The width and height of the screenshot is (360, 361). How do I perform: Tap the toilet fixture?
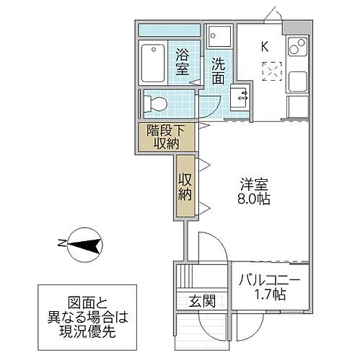coord(154,104)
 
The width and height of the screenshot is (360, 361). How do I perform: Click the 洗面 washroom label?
coord(219,70)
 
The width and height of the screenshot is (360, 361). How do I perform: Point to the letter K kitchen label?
coord(265,47)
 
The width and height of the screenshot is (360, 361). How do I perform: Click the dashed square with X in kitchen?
coord(273,71)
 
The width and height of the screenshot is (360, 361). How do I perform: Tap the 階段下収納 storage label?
coord(166,136)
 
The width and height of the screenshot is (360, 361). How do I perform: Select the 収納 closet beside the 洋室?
coord(185,186)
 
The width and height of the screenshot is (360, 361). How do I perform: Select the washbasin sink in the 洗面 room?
coord(241,98)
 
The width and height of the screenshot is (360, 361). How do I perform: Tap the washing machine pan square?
coord(219,36)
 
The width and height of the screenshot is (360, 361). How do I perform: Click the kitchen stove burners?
coord(296,49)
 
